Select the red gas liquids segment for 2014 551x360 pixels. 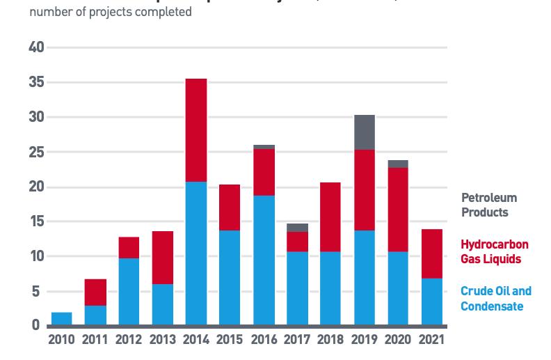(x=195, y=130)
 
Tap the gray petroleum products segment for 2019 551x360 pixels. (x=364, y=132)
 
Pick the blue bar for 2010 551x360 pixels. (x=61, y=318)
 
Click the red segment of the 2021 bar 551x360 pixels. (x=431, y=253)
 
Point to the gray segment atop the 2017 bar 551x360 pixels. (x=297, y=228)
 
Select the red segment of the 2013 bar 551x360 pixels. (x=162, y=258)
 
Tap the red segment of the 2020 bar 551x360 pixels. (x=398, y=210)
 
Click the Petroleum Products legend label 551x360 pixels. (x=488, y=205)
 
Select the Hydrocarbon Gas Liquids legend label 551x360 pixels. (x=494, y=251)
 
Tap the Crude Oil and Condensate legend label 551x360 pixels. (x=495, y=299)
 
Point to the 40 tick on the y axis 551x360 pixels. (x=36, y=47)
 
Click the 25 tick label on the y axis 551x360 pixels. (x=36, y=152)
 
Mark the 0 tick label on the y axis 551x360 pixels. (x=35, y=326)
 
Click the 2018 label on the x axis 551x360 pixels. (x=330, y=341)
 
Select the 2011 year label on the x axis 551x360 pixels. (x=95, y=341)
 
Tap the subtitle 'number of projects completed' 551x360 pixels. (x=111, y=13)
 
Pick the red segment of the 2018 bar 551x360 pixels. (x=330, y=217)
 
